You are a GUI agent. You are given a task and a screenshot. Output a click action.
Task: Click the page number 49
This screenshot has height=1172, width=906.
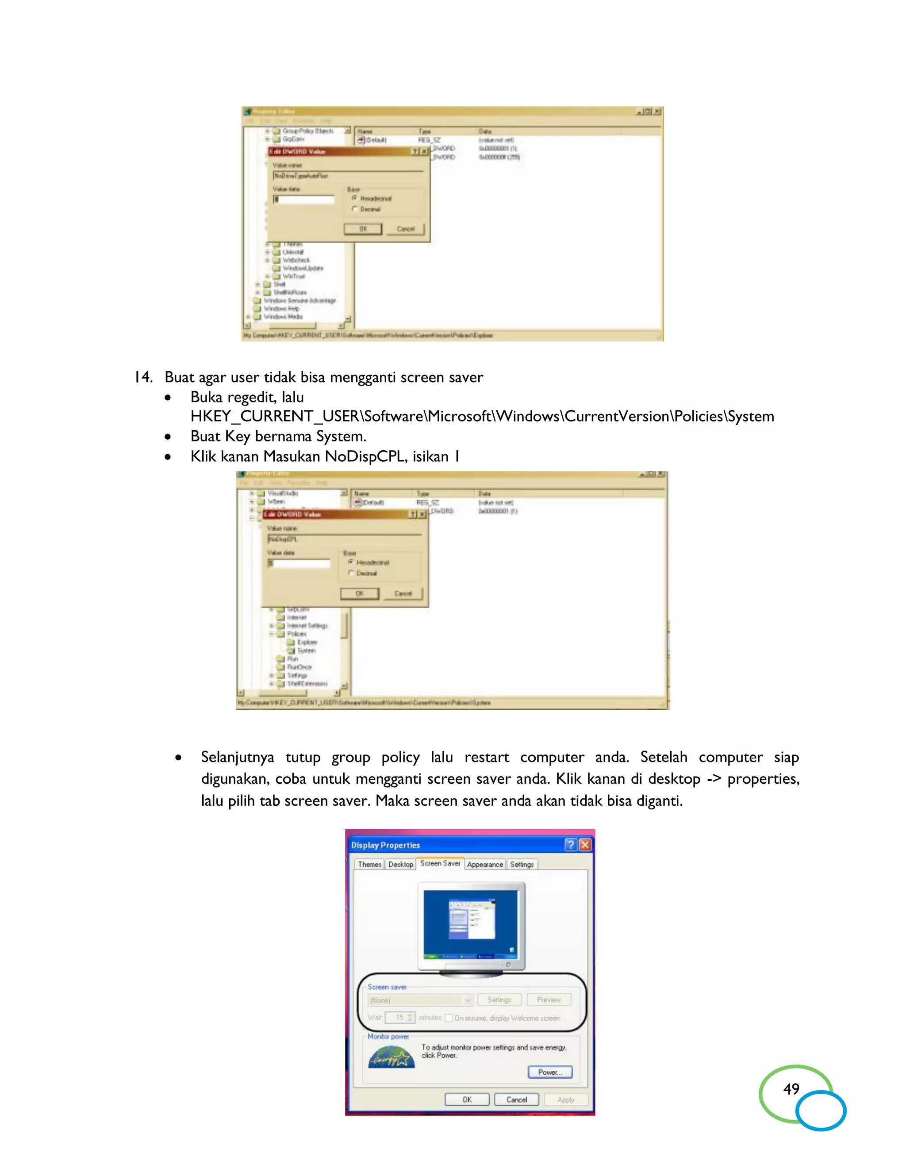tap(791, 1089)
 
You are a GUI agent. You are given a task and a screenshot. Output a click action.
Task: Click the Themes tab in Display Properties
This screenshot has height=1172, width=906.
tap(369, 865)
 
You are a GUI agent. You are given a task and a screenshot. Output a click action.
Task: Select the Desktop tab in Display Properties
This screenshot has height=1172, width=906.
tap(400, 865)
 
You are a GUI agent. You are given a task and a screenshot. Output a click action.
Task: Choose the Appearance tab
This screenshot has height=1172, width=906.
tap(485, 865)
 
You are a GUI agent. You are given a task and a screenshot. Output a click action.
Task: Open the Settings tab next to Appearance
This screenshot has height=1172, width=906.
tap(522, 865)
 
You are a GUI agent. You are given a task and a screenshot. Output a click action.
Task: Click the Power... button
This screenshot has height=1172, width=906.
tap(549, 1072)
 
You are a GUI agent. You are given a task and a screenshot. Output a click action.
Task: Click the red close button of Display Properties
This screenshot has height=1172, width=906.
tap(585, 845)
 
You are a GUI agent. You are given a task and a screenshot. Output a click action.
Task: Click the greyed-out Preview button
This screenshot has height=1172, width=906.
tap(549, 1000)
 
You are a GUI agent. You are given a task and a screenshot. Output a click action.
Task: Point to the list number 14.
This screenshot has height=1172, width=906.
tap(143, 377)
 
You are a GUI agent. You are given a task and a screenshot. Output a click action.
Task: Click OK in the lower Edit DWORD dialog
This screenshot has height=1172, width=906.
tap(360, 594)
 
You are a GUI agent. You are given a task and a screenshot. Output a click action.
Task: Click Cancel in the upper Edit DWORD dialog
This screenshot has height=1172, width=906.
tap(406, 229)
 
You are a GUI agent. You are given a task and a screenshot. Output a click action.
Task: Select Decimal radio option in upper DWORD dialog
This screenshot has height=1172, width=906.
tap(355, 209)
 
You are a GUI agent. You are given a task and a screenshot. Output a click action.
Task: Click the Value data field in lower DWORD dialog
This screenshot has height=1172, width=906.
tap(299, 563)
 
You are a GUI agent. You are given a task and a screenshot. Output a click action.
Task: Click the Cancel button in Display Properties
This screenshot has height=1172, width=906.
tap(516, 1099)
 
